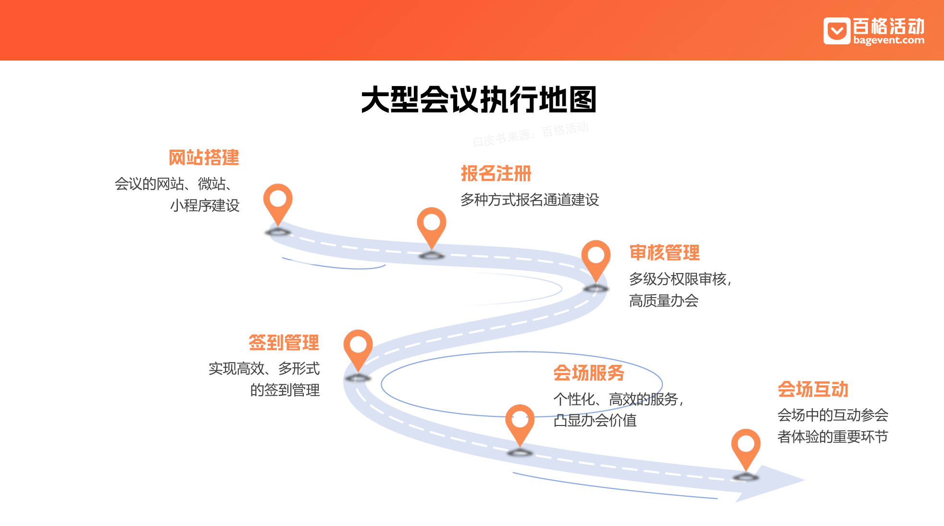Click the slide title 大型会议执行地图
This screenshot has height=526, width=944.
(x=479, y=100)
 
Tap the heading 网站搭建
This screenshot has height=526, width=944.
(x=204, y=158)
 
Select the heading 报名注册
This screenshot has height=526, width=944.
(x=496, y=174)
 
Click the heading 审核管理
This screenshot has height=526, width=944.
(x=664, y=253)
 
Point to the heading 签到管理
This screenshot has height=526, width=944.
(x=284, y=343)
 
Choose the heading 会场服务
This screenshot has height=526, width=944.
(x=588, y=373)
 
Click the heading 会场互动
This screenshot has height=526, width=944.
(x=813, y=389)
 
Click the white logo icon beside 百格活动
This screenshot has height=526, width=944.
(x=837, y=31)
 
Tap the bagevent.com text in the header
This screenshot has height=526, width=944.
(x=889, y=41)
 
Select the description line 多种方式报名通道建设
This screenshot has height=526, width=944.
(x=530, y=200)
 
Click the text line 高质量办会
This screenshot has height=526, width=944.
(x=663, y=301)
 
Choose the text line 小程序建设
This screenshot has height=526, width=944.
(x=205, y=206)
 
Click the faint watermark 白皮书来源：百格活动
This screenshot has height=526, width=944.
(x=530, y=134)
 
